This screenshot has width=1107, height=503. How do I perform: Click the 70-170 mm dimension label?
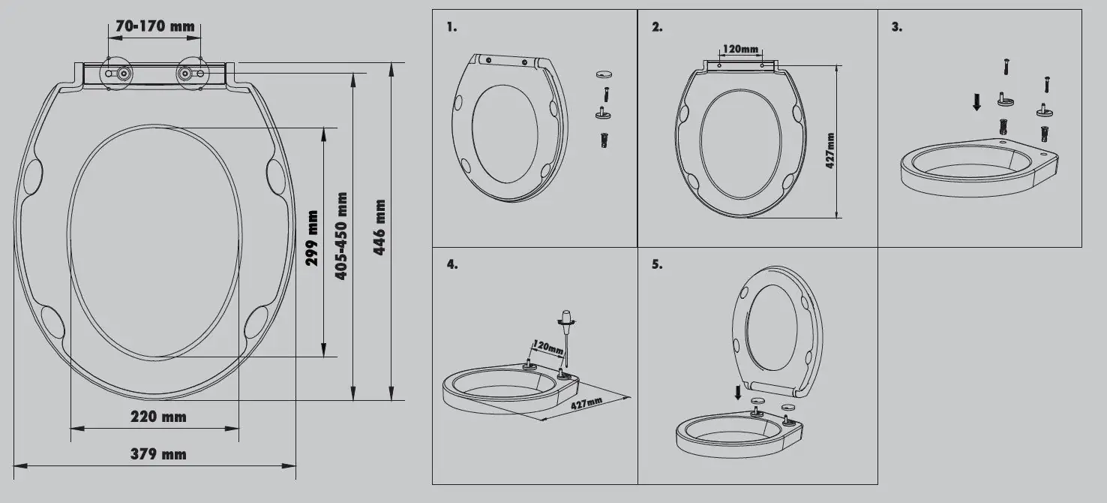tap(155, 27)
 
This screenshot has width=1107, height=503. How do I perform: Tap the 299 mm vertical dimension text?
tap(313, 238)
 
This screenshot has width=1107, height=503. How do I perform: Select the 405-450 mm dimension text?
tap(340, 236)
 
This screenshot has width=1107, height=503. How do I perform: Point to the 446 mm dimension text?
tap(379, 227)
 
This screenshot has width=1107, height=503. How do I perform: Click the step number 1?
tap(451, 27)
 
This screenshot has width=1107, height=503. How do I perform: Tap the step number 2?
tap(657, 27)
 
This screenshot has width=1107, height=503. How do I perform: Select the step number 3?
tap(896, 27)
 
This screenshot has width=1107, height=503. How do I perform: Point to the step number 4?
tap(451, 264)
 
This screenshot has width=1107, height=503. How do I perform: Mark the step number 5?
tap(657, 264)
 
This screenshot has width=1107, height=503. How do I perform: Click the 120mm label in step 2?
tap(740, 49)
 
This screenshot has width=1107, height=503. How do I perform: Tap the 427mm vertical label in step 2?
tap(830, 150)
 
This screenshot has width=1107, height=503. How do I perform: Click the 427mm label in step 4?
tap(586, 403)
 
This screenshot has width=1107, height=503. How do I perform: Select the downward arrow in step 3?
tap(976, 102)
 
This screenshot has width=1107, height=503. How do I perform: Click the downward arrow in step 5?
tap(738, 391)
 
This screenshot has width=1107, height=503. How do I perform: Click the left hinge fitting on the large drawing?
tap(119, 74)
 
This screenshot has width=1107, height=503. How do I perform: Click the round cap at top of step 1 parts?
tap(604, 74)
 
